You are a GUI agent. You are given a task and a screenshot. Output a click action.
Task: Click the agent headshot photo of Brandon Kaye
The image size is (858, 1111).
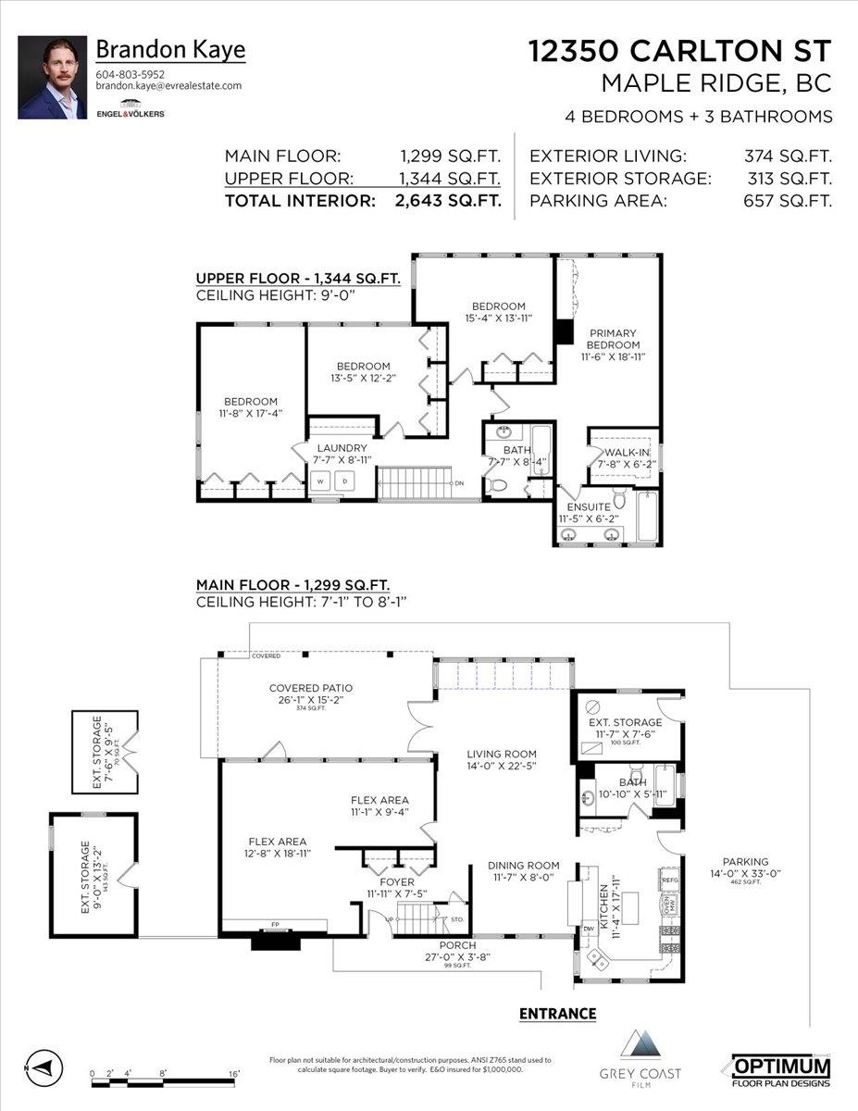point(52,78)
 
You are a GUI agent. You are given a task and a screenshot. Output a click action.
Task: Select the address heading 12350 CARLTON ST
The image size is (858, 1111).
point(680,52)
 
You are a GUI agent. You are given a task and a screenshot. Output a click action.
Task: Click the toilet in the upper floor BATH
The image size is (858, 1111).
point(497,484)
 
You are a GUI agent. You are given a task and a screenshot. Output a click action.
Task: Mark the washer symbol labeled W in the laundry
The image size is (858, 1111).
point(320,481)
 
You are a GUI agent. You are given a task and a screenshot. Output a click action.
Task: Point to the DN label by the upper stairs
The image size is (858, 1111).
point(459,483)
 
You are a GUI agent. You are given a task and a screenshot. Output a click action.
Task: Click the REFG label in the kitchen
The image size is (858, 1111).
point(670,880)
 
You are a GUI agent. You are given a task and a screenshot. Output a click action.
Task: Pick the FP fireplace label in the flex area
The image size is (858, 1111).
point(275,924)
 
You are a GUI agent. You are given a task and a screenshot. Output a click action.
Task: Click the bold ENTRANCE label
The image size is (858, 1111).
point(557,1014)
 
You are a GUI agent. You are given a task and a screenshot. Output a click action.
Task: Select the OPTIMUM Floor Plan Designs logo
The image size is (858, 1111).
point(781,1069)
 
